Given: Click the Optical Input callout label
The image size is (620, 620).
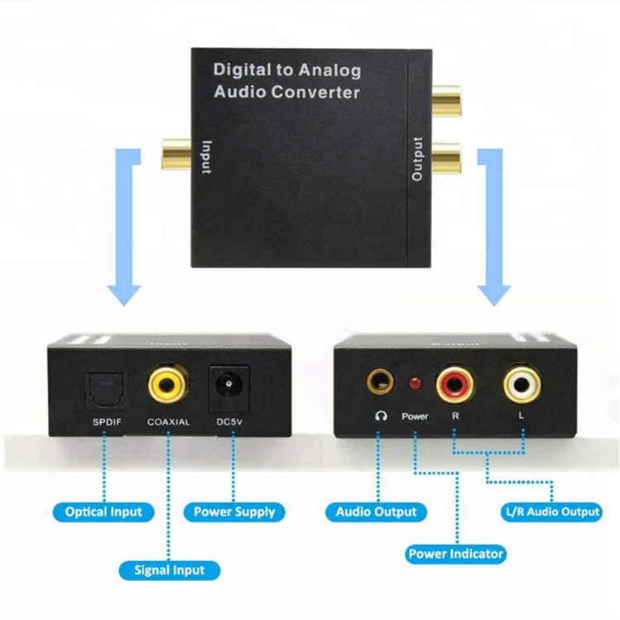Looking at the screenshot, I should point(103,512).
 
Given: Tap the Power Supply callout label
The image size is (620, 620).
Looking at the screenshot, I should point(234,512).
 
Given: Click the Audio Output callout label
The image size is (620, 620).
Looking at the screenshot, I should point(376,512).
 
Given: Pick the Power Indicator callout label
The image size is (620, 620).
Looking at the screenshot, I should point(455,554).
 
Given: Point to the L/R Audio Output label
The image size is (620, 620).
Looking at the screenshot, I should point(552,512).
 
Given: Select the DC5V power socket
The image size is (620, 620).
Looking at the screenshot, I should point(228,386).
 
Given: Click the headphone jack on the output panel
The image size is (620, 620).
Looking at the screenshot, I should point(381,382).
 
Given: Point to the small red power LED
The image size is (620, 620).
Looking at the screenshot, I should point(415,384).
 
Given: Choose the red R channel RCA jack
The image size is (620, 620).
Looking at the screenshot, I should point(454,383).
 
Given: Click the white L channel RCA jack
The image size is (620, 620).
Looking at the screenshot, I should point(521,383).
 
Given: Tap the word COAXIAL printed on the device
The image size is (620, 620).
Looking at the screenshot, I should point(168,422).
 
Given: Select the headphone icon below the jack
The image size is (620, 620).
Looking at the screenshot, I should point(381,416).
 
